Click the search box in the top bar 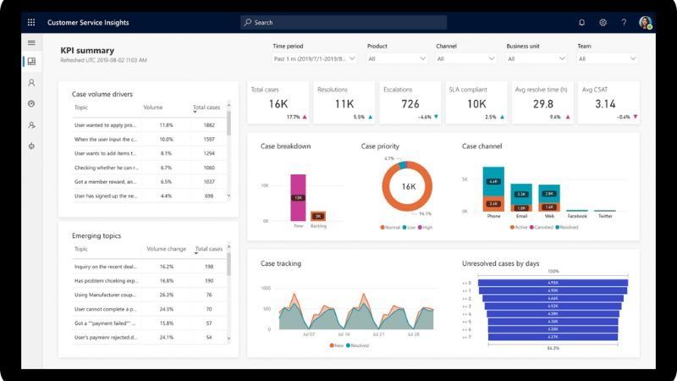pyautogui.click(x=343, y=23)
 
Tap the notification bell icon pyautogui.click(x=581, y=23)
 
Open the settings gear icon pyautogui.click(x=603, y=23)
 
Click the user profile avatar pyautogui.click(x=646, y=23)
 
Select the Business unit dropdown pyautogui.click(x=536, y=59)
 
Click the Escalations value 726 pyautogui.click(x=410, y=104)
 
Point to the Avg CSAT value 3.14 pyautogui.click(x=605, y=104)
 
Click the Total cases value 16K pyautogui.click(x=278, y=104)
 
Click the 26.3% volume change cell pyautogui.click(x=166, y=295)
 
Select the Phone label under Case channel pyautogui.click(x=493, y=216)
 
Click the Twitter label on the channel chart pyautogui.click(x=605, y=216)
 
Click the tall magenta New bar pyautogui.click(x=298, y=197)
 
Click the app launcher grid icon pyautogui.click(x=31, y=23)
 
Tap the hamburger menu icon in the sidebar pyautogui.click(x=31, y=42)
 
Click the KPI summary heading pyautogui.click(x=87, y=51)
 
